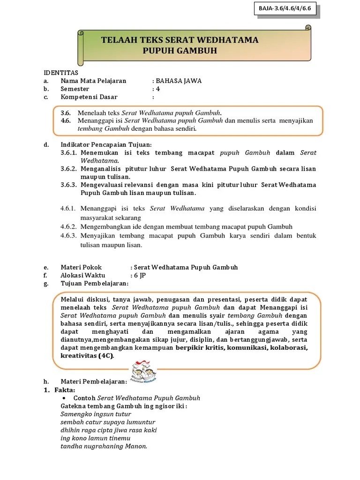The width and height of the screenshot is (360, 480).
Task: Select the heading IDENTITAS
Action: coord(61,73)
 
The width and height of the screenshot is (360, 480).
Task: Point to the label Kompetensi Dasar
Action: coord(89,97)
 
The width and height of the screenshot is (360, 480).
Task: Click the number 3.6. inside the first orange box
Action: coord(66,113)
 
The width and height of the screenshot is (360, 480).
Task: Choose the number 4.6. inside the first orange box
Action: coord(66,120)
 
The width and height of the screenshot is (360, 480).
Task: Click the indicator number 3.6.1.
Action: coord(69,152)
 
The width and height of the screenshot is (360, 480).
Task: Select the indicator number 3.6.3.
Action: coord(69,185)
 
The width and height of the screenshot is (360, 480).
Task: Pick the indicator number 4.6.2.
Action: coord(69,226)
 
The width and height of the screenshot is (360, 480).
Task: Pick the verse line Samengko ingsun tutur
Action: coord(96,414)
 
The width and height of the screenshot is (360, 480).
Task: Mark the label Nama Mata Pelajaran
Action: coord(94,81)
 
